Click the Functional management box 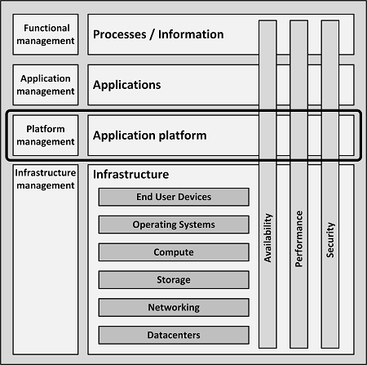click(46, 34)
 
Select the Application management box click(46, 85)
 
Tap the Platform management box click(46, 136)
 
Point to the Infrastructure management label click(46, 179)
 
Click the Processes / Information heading click(158, 34)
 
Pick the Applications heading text click(126, 85)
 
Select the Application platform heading click(149, 136)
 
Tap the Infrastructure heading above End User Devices click(130, 174)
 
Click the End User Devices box click(174, 197)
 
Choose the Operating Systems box click(174, 225)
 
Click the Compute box click(174, 252)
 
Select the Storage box click(174, 279)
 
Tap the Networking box click(174, 307)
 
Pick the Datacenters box click(174, 335)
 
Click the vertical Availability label click(268, 238)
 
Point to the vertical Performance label click(298, 238)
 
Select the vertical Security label click(330, 240)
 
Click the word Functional click(46, 28)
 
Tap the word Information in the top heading click(191, 34)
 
